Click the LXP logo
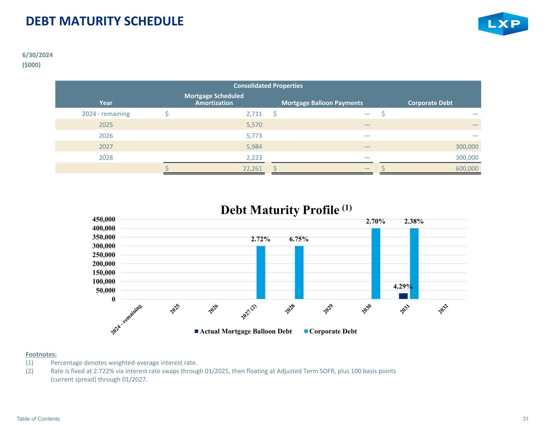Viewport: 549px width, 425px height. (503, 24)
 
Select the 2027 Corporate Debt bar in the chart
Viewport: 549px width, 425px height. (261, 272)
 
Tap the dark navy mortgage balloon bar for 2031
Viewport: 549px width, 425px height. (403, 296)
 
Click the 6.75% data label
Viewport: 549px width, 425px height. (299, 239)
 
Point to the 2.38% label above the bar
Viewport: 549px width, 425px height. (414, 222)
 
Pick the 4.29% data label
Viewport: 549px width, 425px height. (403, 286)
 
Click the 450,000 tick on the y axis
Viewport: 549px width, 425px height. (103, 219)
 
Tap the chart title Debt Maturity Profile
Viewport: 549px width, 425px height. (286, 210)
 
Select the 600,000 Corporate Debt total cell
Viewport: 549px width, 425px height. (467, 169)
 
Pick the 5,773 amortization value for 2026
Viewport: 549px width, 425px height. (254, 136)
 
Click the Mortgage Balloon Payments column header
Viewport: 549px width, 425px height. (322, 103)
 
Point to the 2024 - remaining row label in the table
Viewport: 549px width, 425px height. (106, 114)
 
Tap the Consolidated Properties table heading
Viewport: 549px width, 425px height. (268, 85)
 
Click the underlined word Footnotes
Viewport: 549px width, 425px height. (41, 355)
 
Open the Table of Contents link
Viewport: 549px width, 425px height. (38, 419)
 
